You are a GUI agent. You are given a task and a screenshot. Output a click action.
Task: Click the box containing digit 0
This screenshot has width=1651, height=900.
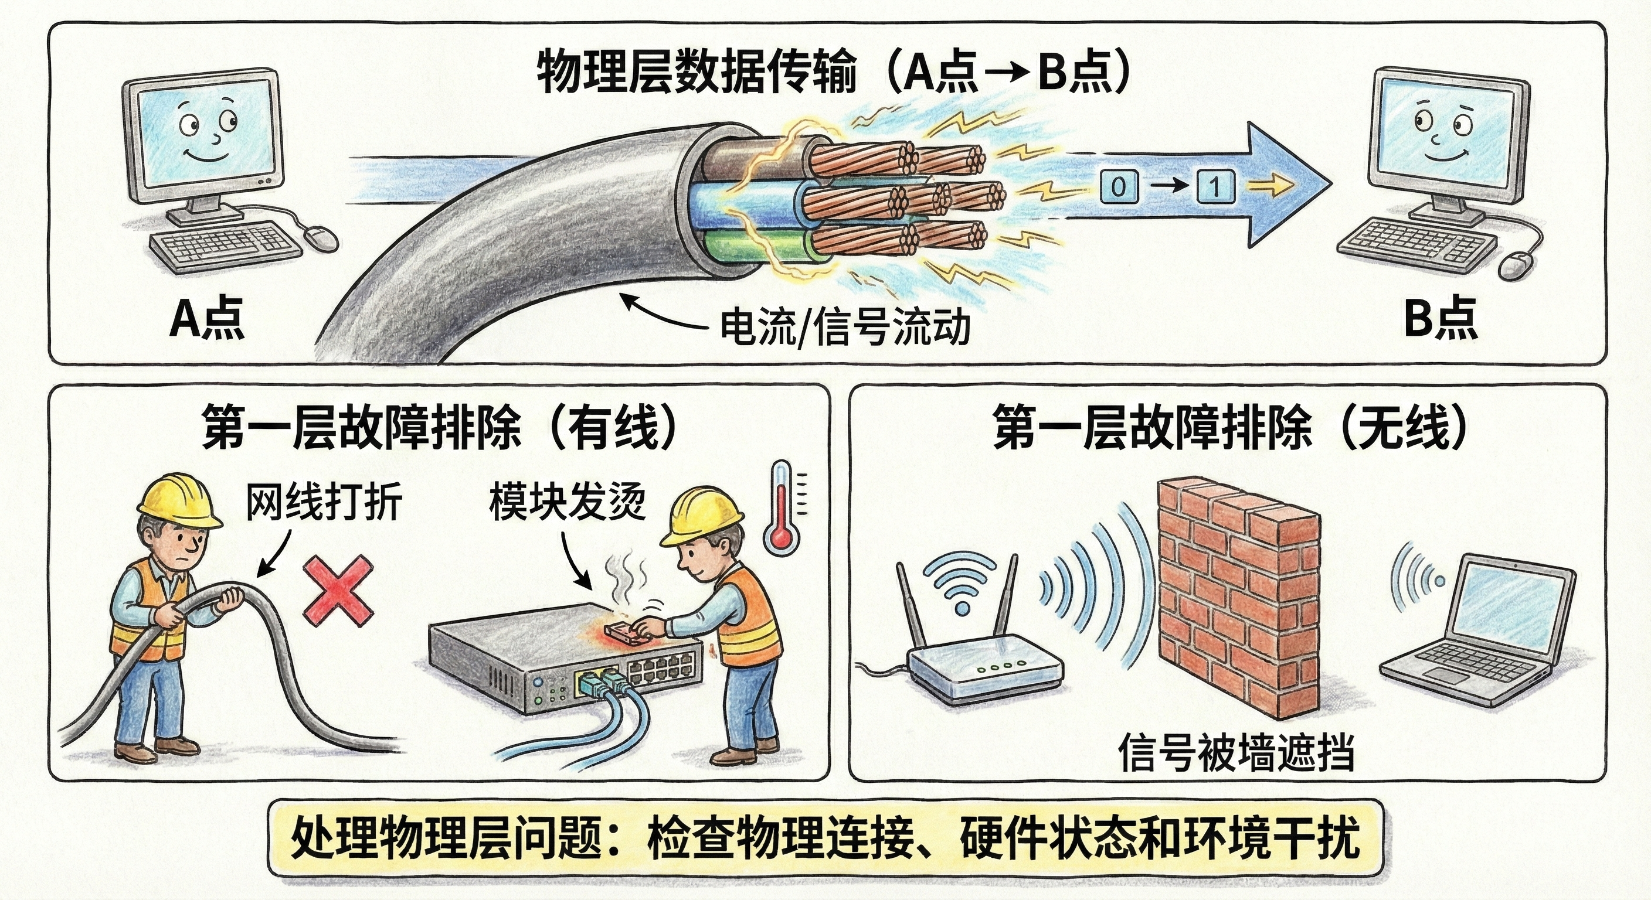coord(1119,187)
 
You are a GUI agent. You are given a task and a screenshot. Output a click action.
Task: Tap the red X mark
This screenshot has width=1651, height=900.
coord(338,590)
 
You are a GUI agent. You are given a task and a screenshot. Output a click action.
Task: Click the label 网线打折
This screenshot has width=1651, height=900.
coord(324,502)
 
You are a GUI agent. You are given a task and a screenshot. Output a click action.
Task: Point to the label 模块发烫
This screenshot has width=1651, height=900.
coord(566,502)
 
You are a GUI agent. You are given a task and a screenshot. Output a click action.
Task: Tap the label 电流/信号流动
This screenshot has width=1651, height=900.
coord(845,327)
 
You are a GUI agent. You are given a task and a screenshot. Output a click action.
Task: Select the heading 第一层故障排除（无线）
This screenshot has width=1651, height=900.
coord(1229,427)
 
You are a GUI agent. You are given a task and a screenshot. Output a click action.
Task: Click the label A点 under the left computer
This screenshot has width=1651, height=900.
coord(206,318)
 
